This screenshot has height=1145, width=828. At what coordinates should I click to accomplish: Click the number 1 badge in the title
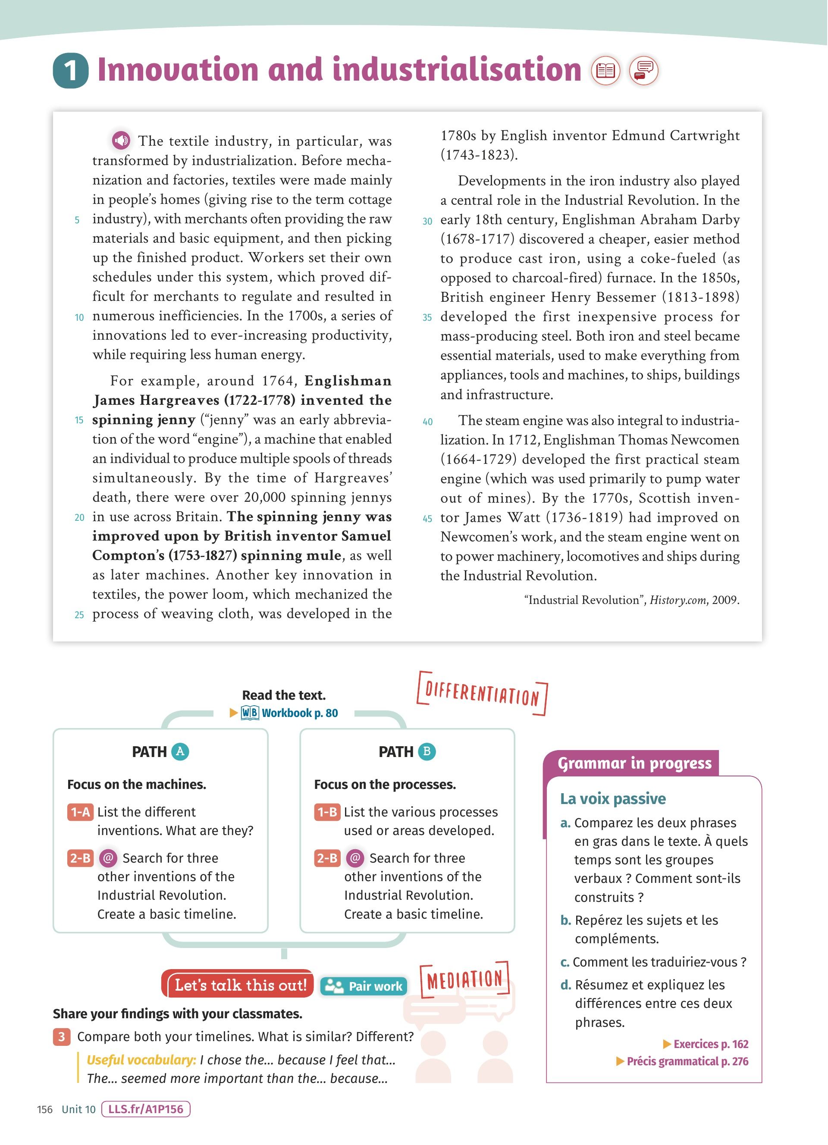point(70,71)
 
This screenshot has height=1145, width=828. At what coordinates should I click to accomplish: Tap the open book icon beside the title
point(605,70)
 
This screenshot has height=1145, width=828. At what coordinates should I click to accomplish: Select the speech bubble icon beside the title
point(644,70)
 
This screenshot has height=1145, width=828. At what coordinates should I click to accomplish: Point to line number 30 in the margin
point(427,221)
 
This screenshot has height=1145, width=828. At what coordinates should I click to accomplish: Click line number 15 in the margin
point(79,420)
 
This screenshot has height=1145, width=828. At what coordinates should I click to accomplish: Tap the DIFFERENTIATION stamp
point(482,694)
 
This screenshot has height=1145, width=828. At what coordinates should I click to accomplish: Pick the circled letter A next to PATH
point(180,752)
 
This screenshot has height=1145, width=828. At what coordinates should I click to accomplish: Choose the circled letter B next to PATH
point(427,752)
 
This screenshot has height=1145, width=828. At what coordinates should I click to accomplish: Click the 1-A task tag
point(80,812)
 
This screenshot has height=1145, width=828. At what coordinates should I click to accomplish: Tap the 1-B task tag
point(326,812)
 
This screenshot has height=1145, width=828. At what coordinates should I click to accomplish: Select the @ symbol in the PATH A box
point(108,858)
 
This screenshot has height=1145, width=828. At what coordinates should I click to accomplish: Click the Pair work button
point(364,986)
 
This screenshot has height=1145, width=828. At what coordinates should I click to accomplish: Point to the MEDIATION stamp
point(464,979)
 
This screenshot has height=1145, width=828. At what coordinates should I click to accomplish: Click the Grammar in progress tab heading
point(634,763)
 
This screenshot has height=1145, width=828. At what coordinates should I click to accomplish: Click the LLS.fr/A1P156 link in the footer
point(145,1109)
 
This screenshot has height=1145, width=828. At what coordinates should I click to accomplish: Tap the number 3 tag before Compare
point(62,1036)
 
